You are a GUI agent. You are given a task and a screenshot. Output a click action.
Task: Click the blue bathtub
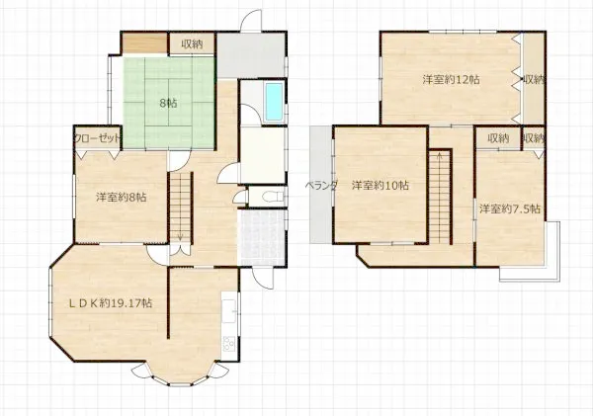pos(274,102)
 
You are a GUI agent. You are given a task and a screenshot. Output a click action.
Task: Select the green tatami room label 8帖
pos(168,103)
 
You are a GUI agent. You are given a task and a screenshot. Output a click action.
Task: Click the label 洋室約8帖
pos(122,197)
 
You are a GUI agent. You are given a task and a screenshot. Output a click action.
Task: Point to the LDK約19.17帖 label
pos(111,303)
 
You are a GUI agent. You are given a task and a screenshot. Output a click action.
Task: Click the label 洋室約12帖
pos(452,80)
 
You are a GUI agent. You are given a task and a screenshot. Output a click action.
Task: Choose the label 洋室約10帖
pos(381,186)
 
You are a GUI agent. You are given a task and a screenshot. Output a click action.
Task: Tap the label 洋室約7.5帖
pos(510,208)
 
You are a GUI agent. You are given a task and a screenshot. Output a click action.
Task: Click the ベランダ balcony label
pos(321,186)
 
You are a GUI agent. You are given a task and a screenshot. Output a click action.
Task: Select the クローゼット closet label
pos(98,138)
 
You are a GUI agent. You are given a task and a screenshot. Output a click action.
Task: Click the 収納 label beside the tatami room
pos(192,44)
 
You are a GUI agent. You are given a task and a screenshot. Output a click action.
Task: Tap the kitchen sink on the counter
pos(229,311)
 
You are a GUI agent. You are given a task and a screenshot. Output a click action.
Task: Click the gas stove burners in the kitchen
pos(229,344)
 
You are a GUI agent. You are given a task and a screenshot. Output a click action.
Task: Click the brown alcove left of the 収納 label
pos(145,43)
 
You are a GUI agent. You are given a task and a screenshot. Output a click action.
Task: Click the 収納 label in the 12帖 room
pos(534,80)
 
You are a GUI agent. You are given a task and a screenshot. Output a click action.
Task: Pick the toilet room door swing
pos(239,198)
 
